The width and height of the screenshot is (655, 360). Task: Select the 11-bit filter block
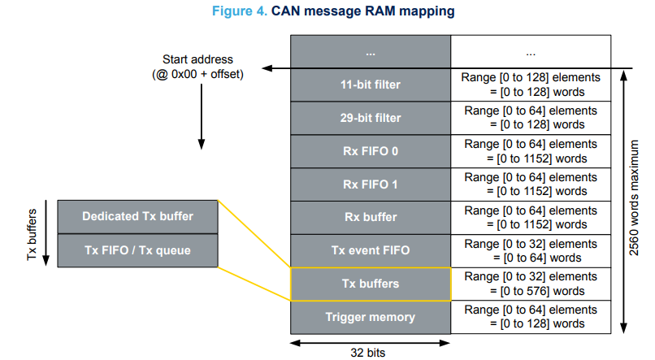point(370,85)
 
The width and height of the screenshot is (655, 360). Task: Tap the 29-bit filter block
point(370,118)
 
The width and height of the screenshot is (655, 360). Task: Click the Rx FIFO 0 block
point(370,151)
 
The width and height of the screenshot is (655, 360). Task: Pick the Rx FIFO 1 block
point(370,184)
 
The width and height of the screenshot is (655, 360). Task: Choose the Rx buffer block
point(370,217)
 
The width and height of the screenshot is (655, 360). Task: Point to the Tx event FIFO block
point(370,250)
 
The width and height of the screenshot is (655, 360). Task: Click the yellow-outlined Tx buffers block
point(370,284)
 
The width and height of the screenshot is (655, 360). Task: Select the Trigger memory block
point(370,317)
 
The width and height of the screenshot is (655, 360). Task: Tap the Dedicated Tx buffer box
point(137,216)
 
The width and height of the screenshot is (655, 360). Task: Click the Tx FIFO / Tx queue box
point(137,249)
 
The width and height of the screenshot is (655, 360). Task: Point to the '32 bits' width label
point(370,352)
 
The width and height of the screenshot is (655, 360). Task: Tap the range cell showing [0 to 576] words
point(529,284)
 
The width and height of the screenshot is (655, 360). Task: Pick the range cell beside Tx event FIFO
point(529,250)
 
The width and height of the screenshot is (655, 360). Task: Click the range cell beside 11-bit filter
point(529,85)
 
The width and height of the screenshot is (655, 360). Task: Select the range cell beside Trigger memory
point(529,317)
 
